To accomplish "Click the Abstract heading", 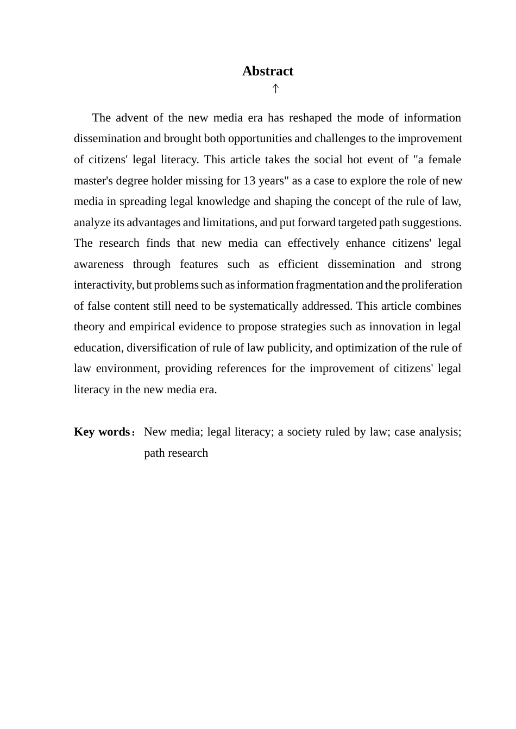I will (268, 71).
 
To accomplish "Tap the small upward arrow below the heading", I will (275, 88).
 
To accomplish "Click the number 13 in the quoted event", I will (249, 181).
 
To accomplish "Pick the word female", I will (444, 159).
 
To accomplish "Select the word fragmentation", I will (329, 285).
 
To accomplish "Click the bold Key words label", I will (102, 432).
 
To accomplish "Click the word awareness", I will (99, 264).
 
